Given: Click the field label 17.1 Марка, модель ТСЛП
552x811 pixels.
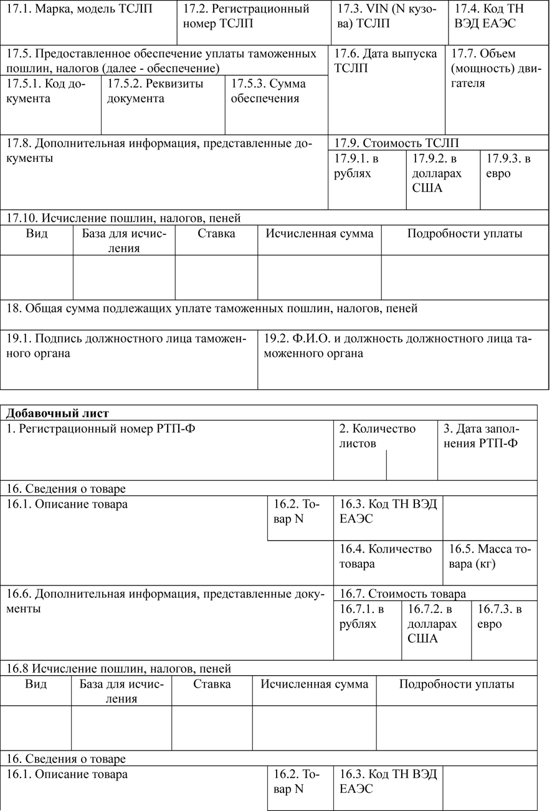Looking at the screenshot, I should (x=79, y=9).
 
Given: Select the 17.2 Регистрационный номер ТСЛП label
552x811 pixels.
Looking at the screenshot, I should (x=246, y=16).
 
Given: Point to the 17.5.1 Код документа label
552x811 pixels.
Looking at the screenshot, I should (x=46, y=91).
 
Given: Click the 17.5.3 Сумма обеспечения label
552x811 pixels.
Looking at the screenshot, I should (x=270, y=91).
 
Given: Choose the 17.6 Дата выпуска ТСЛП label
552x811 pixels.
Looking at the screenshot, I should (x=385, y=60).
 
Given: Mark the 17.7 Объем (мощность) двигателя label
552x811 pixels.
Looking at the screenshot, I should (x=495, y=68).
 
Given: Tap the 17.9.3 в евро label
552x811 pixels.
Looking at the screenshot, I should (x=508, y=166).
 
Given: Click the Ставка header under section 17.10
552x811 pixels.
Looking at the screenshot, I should (x=216, y=234).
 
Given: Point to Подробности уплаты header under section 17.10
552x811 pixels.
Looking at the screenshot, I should (x=465, y=234).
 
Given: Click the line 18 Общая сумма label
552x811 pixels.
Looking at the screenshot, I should (x=212, y=308).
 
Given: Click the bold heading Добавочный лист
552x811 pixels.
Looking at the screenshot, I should (x=57, y=413).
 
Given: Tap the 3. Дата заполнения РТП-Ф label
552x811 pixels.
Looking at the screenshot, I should (x=480, y=436).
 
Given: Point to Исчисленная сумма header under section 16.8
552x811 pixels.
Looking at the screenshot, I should (x=314, y=684).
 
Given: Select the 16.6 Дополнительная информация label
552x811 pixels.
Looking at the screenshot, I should (x=165, y=601).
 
